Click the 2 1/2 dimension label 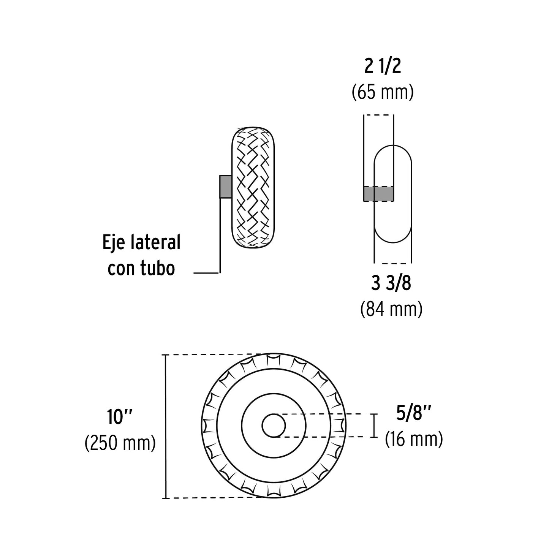[383, 66]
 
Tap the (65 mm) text [383, 92]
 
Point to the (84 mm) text [391, 309]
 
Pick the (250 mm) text [120, 443]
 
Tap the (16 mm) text [414, 439]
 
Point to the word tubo [158, 268]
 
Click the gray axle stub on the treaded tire [225, 187]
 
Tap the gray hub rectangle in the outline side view [378, 194]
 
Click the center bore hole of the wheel [274, 426]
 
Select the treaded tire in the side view [254, 188]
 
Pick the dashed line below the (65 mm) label [378, 115]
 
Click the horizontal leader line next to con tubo [206, 273]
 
